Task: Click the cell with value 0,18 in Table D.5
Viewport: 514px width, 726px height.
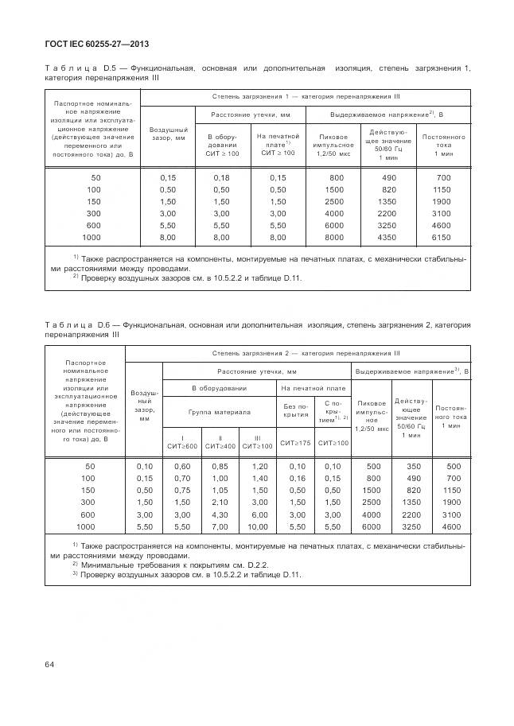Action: click(221, 177)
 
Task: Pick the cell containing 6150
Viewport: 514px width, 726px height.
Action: click(443, 237)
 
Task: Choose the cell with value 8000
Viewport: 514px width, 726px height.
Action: click(336, 237)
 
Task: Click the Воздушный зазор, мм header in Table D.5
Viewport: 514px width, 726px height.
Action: click(168, 133)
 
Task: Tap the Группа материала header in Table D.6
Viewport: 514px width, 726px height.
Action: click(219, 412)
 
